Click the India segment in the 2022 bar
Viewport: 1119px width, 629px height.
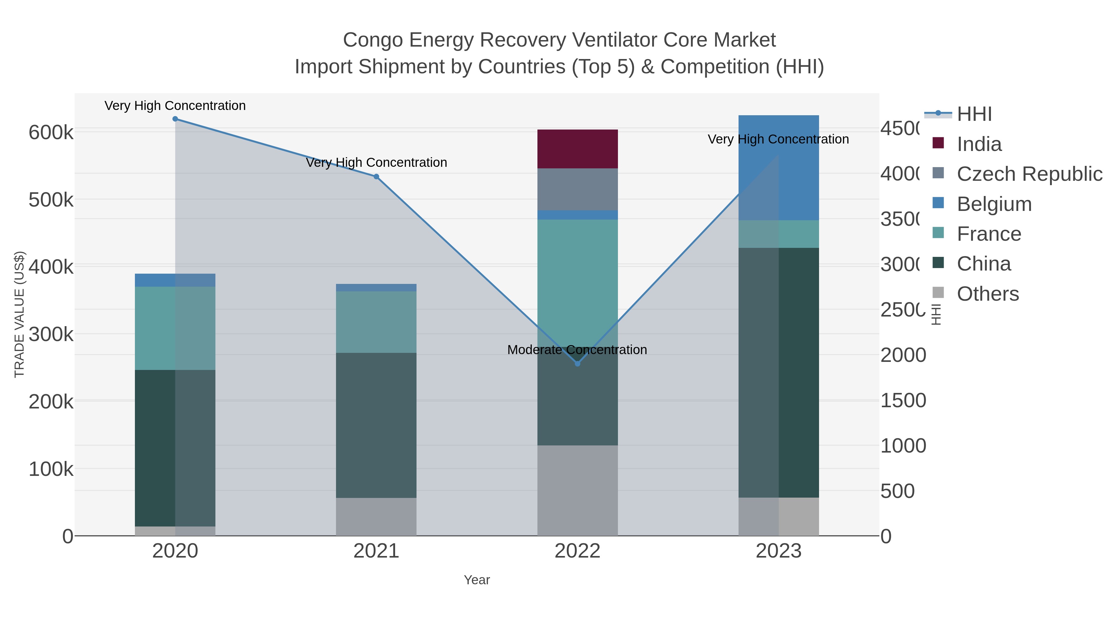click(x=577, y=148)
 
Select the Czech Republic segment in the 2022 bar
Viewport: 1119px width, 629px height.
click(x=577, y=189)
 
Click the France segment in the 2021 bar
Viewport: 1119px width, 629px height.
click(x=376, y=322)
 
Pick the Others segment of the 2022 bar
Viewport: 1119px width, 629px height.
click(x=577, y=490)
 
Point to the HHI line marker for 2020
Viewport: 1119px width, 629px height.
click(x=175, y=119)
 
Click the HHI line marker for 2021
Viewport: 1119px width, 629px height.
click(x=376, y=177)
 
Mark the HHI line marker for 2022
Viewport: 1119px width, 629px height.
click(x=577, y=364)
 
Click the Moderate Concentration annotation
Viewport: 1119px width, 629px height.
click(x=577, y=350)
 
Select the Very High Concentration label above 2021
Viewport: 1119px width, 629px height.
click(x=376, y=163)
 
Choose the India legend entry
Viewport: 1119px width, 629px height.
click(x=979, y=144)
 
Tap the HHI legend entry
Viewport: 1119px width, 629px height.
click(x=974, y=114)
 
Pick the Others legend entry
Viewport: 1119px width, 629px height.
click(x=988, y=294)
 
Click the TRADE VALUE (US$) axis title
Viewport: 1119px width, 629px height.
click(x=20, y=314)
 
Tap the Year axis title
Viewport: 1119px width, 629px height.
click(x=477, y=580)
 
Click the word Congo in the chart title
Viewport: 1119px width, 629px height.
click(x=373, y=40)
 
